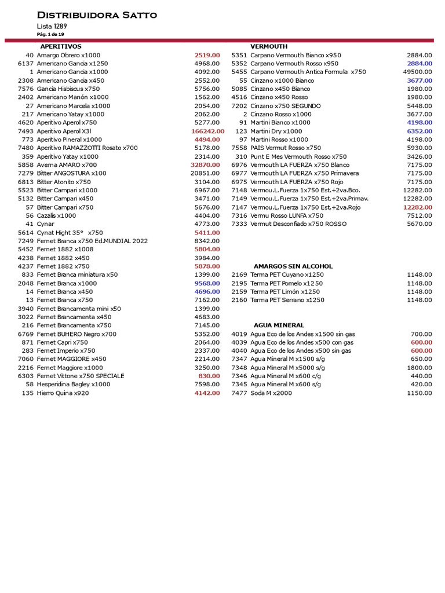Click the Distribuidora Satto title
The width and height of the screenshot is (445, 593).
(x=97, y=15)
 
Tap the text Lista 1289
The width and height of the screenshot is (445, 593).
(x=52, y=27)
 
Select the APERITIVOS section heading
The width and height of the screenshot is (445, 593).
(x=61, y=46)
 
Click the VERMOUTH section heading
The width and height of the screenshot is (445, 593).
(x=269, y=46)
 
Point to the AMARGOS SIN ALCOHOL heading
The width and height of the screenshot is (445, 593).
(x=293, y=266)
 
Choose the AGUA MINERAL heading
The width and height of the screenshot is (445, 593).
(x=279, y=325)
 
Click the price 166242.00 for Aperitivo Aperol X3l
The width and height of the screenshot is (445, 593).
(x=207, y=131)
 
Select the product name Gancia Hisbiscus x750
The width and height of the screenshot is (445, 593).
(x=68, y=89)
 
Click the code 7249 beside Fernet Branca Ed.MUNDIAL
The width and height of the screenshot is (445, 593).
(x=26, y=241)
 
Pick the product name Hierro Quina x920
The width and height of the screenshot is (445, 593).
(x=63, y=393)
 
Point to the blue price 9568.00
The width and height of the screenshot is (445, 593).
(x=207, y=283)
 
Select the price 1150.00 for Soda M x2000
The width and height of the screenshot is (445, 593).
(x=419, y=393)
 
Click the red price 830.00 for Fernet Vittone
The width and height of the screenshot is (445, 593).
(x=209, y=376)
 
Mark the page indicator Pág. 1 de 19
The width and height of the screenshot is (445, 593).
(x=50, y=34)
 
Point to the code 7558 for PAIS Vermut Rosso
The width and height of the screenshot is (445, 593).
(x=239, y=148)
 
